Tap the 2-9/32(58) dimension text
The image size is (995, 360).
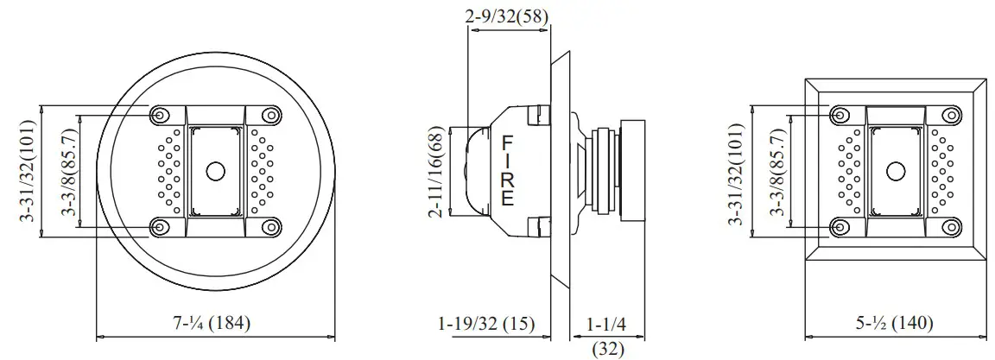(506, 16)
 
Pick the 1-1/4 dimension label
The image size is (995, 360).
(606, 324)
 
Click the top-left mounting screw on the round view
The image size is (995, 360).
(160, 116)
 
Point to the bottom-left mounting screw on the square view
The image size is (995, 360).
(840, 227)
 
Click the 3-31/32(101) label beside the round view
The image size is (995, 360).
(28, 171)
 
